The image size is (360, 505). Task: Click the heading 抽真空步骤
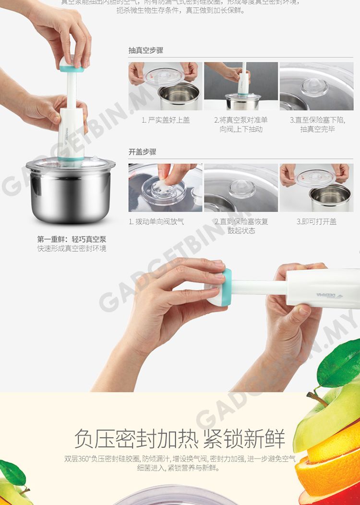point(146,50)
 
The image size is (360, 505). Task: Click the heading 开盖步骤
point(143,152)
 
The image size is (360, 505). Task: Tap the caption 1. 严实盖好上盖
point(166,120)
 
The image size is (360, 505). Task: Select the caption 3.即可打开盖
point(316,222)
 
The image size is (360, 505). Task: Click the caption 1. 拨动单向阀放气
point(156,222)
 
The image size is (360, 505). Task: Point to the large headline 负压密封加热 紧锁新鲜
point(180,438)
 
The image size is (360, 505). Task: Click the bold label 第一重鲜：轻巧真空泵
point(72,239)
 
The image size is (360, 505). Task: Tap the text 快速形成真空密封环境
point(72,248)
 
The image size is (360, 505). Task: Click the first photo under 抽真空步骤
point(166,86)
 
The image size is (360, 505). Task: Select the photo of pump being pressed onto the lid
point(241,86)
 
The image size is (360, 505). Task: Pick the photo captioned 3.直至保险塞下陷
point(316,86)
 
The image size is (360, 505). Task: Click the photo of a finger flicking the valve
point(166,188)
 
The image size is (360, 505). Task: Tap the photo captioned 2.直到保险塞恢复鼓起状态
point(241,188)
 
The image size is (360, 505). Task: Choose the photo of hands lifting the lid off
point(316,188)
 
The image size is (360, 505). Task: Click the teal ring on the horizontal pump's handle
point(227,287)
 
